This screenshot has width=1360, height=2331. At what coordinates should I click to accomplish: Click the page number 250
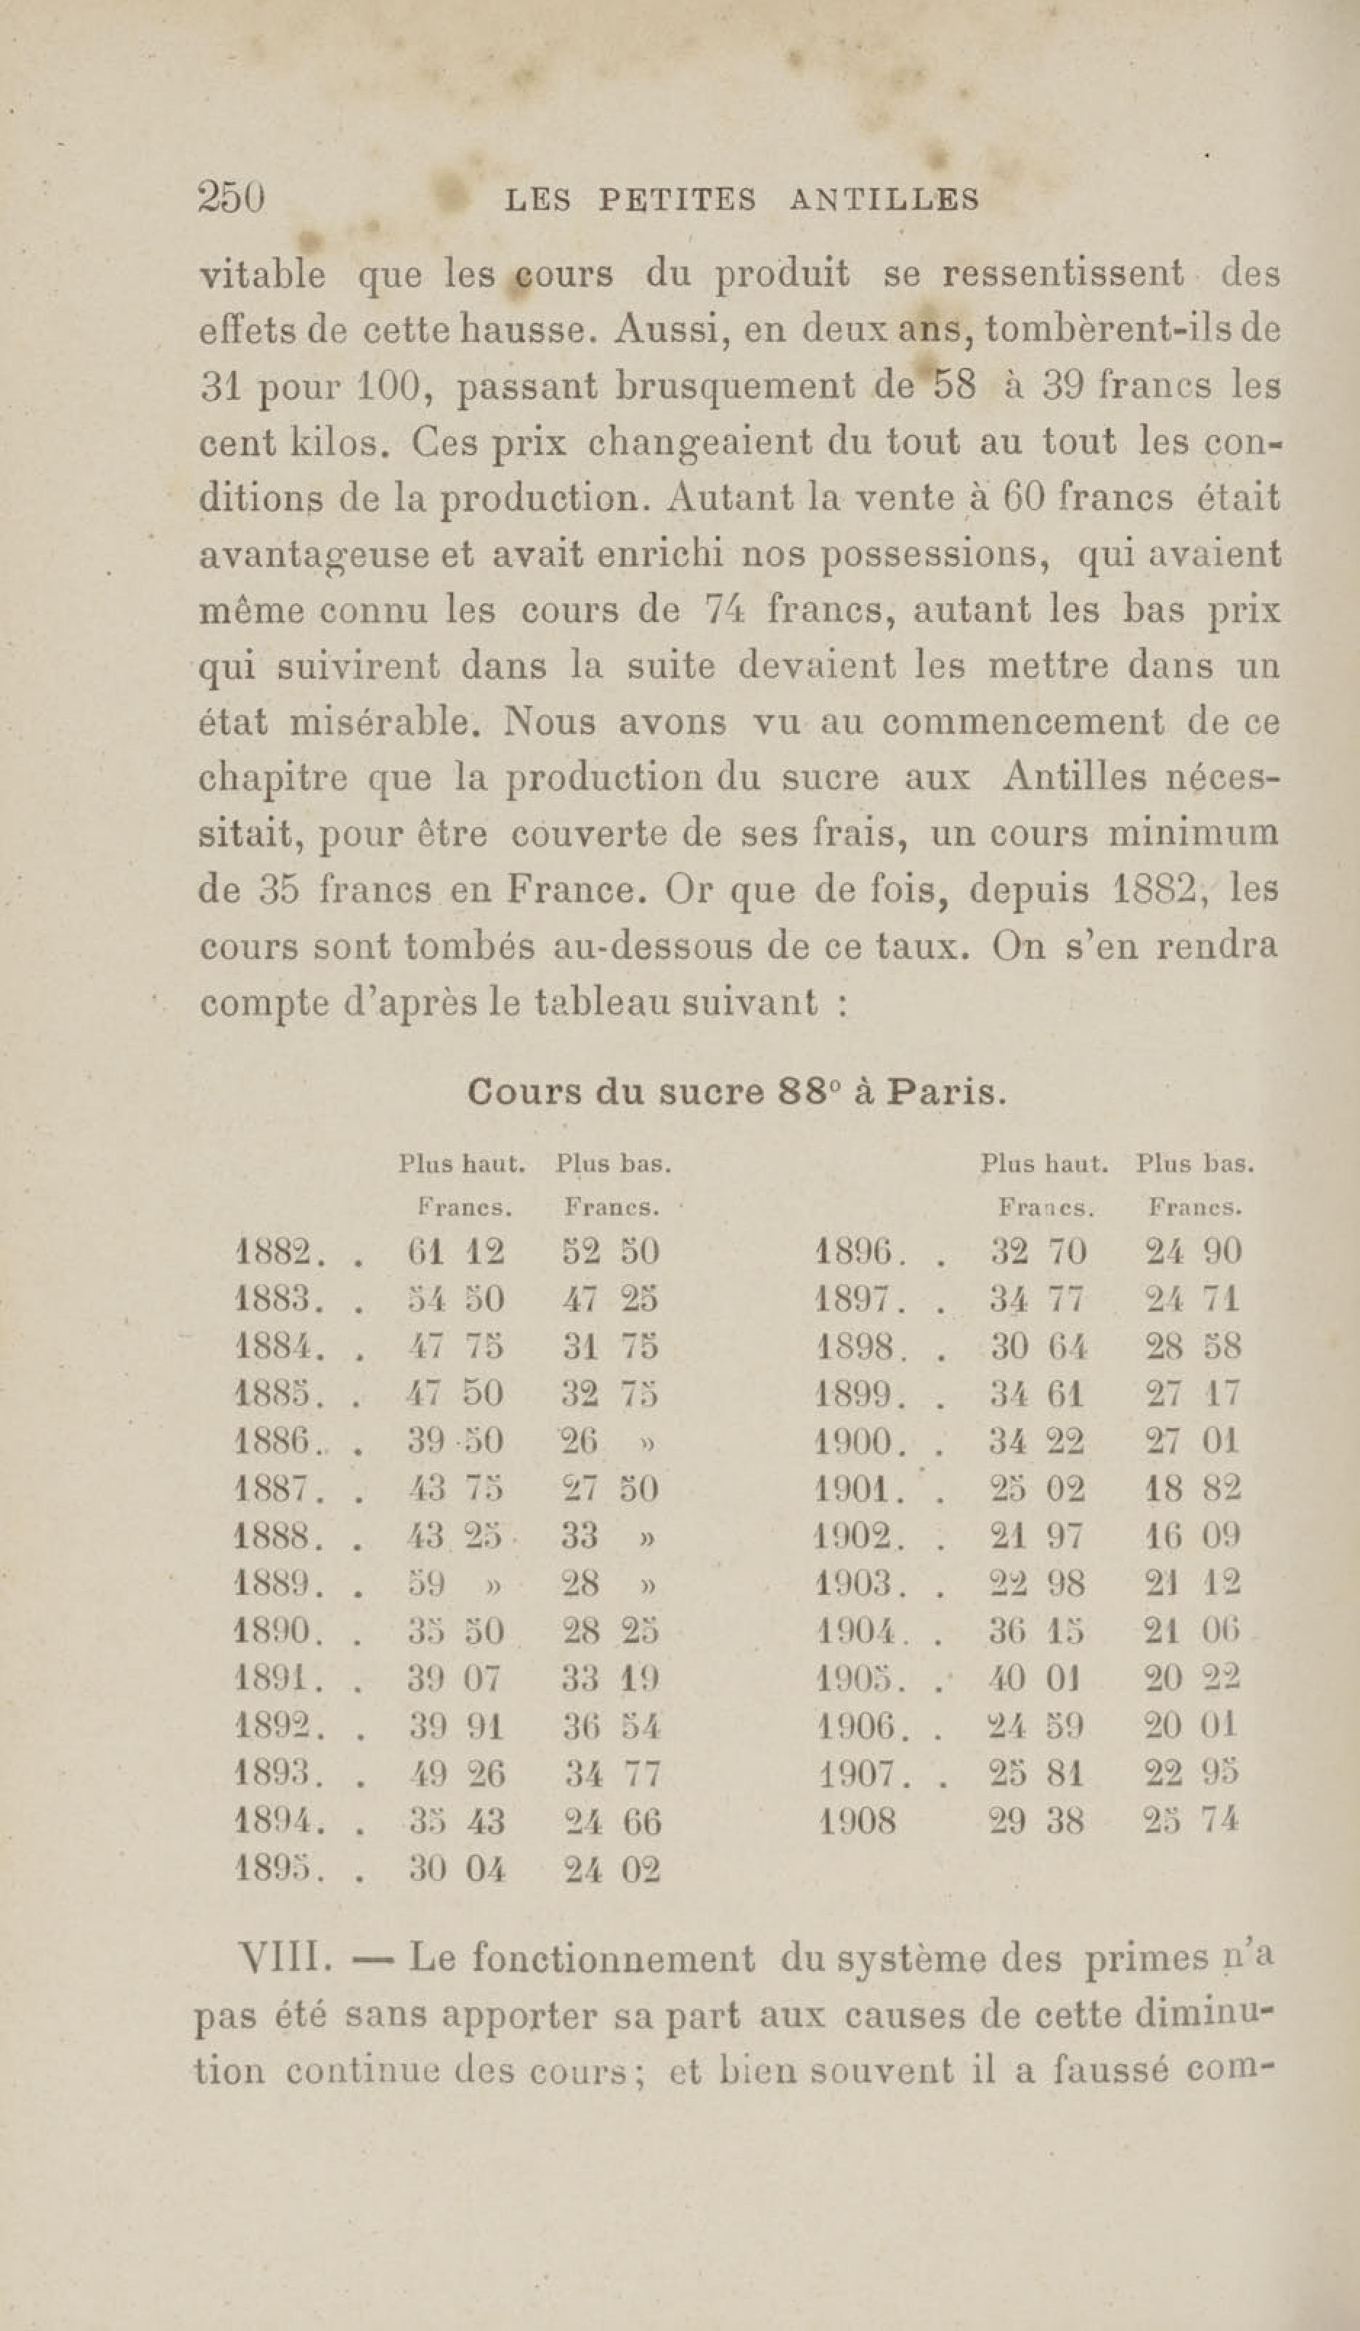232,198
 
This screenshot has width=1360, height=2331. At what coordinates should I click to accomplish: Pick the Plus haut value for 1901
1036,1489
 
